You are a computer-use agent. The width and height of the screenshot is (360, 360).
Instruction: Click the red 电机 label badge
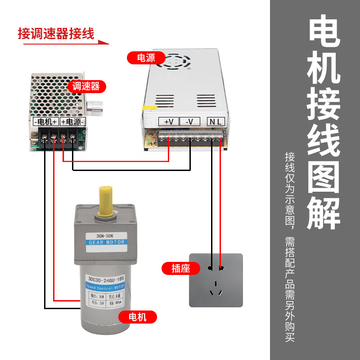138,317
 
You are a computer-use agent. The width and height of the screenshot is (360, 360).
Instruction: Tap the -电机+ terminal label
46,122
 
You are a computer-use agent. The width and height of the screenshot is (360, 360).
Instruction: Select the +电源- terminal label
72,122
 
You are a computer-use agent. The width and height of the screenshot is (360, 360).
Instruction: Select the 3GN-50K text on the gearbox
107,235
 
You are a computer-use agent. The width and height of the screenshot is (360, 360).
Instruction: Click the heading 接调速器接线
56,34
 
